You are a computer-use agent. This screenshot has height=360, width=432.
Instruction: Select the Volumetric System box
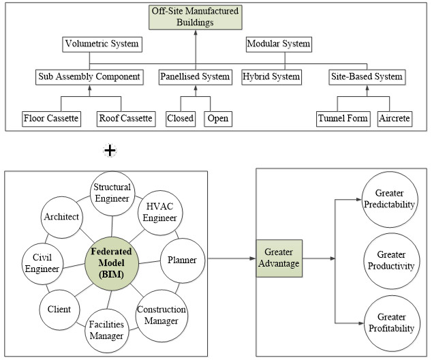102,44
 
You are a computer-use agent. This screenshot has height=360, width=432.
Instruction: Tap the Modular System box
278,44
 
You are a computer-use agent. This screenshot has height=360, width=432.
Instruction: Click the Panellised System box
196,76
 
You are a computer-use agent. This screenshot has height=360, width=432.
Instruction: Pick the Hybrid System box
271,76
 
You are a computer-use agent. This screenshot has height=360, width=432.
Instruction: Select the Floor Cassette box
50,119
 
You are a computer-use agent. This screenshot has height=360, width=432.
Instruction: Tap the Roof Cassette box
125,119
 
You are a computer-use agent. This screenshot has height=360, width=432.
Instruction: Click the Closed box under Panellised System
181,119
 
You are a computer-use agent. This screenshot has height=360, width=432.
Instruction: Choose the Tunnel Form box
344,119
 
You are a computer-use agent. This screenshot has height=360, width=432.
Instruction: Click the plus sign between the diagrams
109,150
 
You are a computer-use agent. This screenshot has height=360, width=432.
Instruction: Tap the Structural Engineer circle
112,194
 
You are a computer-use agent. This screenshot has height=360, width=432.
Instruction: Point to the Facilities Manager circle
106,330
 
